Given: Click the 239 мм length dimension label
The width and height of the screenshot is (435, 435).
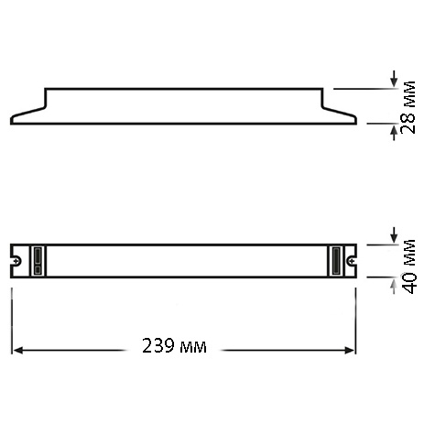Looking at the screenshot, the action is (x=174, y=346).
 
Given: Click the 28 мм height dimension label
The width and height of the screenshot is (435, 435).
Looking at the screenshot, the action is (x=408, y=107).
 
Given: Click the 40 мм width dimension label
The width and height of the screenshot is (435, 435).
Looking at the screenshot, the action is (x=408, y=266).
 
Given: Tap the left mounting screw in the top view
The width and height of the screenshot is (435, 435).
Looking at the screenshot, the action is (x=17, y=260).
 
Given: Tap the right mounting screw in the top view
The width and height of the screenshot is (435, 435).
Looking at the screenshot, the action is (x=352, y=261).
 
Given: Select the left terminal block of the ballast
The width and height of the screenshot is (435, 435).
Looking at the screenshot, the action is (x=38, y=261).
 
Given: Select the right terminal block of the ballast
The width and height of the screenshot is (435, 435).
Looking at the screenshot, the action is (x=336, y=261).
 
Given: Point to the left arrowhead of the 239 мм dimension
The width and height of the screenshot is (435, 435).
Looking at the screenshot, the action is (x=18, y=350).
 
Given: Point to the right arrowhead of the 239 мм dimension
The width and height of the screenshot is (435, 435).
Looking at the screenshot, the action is (x=350, y=350).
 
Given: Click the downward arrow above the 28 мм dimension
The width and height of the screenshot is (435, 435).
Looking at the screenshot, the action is (x=394, y=79).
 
